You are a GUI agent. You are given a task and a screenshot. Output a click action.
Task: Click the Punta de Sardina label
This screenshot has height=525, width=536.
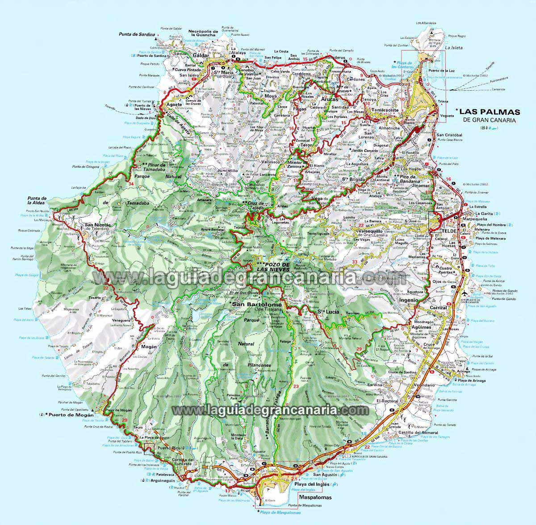click(x=137, y=34)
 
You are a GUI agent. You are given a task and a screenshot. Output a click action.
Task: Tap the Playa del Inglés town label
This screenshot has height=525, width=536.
click(x=311, y=484)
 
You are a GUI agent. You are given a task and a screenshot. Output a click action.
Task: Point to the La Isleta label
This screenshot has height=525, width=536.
click(x=453, y=46)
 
